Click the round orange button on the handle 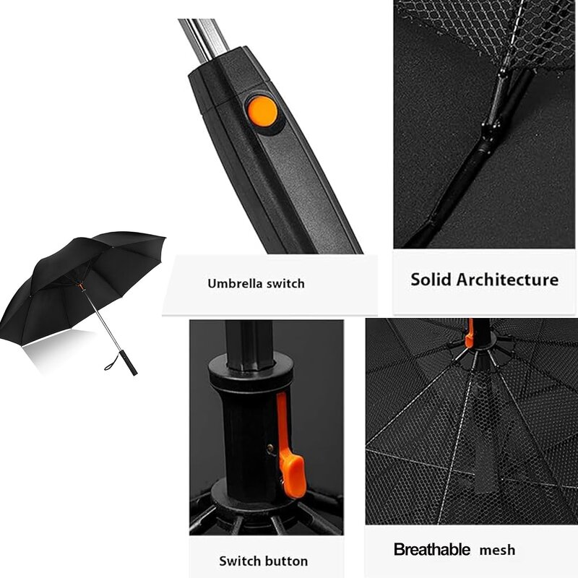pos(261,111)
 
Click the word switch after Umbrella pos(288,284)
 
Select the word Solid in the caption pos(431,280)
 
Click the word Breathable pos(431,550)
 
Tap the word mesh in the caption pos(497,551)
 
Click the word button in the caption pos(286,561)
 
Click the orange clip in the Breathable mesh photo pos(470,332)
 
